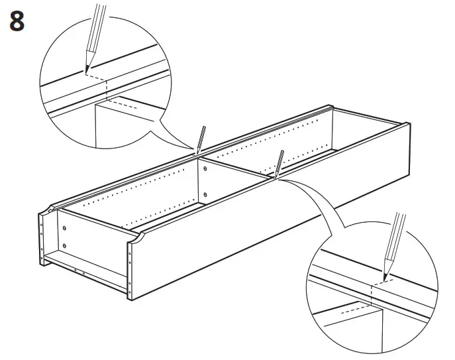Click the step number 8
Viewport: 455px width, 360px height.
17,21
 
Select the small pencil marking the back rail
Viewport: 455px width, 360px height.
201,141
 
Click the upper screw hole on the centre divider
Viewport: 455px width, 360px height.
205,169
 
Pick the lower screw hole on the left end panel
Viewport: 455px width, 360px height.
64,247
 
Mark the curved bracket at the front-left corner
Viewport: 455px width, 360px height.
136,238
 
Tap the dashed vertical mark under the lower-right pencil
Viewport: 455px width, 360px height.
372,288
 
